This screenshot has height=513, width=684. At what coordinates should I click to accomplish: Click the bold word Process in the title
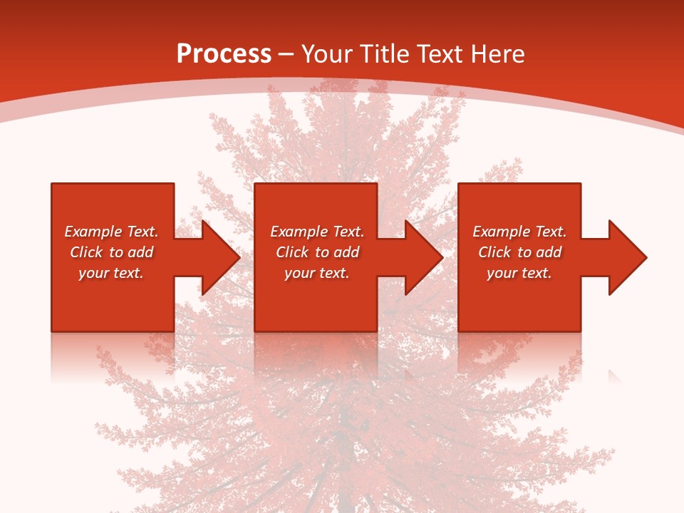[x=224, y=54]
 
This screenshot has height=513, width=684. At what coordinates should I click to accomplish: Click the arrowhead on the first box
[x=219, y=257]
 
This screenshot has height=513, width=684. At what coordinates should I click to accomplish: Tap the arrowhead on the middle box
[x=423, y=257]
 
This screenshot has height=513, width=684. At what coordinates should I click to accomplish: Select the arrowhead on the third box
[x=626, y=257]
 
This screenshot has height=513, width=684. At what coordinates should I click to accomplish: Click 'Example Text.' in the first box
[x=111, y=232]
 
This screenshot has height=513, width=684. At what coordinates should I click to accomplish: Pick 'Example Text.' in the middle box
[x=317, y=232]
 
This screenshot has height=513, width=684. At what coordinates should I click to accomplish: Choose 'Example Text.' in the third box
[x=519, y=232]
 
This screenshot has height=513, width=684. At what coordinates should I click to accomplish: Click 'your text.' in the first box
[x=111, y=273]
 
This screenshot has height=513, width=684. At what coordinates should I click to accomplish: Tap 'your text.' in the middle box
[x=317, y=273]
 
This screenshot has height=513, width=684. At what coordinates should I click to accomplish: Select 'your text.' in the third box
[x=519, y=273]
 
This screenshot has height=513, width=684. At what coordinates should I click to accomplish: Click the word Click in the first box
[x=86, y=252]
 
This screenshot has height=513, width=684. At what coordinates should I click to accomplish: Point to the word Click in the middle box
[x=292, y=252]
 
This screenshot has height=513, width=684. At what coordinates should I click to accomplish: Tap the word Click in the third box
[x=494, y=252]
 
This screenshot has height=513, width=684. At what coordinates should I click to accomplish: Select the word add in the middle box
[x=346, y=252]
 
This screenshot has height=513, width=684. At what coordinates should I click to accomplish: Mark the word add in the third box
[x=549, y=252]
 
